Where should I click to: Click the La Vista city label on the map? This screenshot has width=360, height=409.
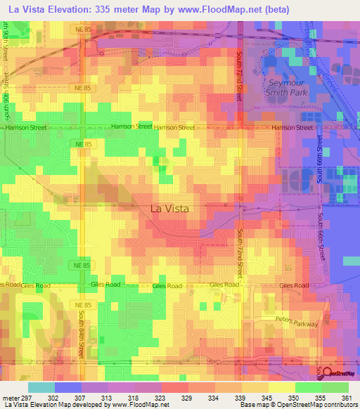pos(169,208)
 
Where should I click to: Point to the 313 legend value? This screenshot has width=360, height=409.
pos(105,398)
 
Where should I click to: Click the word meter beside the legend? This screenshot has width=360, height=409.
pos(9,398)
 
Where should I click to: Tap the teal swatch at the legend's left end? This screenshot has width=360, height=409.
pos(41,387)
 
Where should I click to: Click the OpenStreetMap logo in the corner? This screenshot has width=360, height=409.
pos(340,373)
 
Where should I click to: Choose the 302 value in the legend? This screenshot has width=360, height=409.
pos(53,398)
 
